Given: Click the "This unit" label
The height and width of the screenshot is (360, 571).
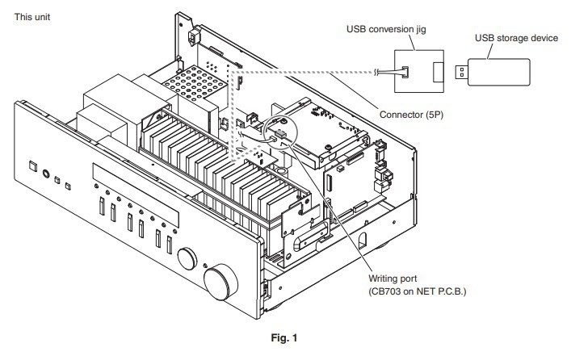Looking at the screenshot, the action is (32, 17).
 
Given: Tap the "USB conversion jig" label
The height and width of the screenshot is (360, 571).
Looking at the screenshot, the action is (386, 29).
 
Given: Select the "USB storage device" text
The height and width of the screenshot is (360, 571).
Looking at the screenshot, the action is (516, 38).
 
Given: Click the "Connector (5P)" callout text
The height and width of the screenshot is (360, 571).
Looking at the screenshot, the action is (412, 115).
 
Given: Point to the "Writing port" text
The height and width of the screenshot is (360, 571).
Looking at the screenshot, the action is (393, 278).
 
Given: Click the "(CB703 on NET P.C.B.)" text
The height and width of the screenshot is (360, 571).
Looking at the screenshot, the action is (418, 291).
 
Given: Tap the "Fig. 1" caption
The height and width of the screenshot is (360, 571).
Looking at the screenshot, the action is (284, 337).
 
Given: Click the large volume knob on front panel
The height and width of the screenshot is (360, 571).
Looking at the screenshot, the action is (220, 282).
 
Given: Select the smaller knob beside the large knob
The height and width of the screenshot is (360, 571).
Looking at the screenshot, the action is (187, 259).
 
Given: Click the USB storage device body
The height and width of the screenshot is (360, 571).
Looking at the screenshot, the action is (498, 72).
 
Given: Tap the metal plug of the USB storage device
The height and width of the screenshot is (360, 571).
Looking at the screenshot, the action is (461, 72).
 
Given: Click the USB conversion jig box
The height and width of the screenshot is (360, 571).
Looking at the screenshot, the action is (419, 71).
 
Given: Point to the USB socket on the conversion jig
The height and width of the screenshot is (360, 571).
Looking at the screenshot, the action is (439, 72).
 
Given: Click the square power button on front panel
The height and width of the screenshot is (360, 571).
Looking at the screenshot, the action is (33, 166).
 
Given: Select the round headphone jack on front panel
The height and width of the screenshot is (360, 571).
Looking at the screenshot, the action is (46, 174).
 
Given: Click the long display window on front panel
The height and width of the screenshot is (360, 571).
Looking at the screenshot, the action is (136, 195).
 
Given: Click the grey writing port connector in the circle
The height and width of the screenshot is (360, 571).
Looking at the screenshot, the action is (280, 134).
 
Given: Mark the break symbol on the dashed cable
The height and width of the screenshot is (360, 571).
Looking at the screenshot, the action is (376, 72).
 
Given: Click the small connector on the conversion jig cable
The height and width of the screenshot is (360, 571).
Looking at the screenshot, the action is (405, 72).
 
